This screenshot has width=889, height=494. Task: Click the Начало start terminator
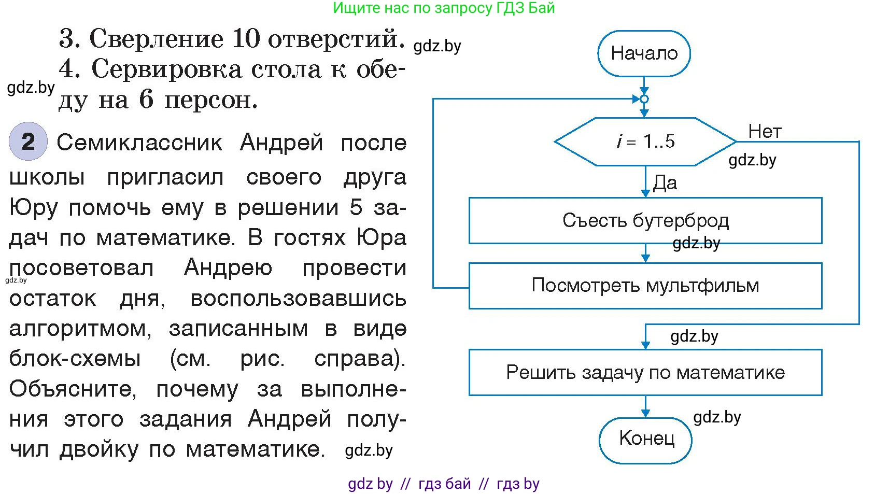click(644, 53)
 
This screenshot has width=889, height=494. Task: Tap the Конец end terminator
click(646, 440)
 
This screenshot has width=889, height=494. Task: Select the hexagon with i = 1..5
click(645, 142)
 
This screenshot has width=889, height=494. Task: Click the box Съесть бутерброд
click(645, 221)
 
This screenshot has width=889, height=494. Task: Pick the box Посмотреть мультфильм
click(645, 286)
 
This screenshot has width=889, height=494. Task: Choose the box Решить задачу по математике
click(645, 372)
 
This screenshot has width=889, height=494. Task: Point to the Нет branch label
click(765, 132)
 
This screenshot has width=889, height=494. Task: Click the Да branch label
click(665, 183)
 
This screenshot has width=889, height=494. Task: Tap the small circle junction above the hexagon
click(644, 99)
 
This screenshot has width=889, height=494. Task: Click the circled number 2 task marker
click(28, 142)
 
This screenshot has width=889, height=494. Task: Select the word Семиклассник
click(139, 143)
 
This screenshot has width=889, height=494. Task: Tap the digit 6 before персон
click(146, 99)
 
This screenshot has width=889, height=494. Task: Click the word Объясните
click(73, 389)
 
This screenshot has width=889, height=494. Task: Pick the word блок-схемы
click(75, 359)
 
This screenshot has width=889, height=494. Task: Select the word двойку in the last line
click(99, 449)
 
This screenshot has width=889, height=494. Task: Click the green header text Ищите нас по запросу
click(404, 8)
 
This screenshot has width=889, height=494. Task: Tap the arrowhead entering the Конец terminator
click(645, 413)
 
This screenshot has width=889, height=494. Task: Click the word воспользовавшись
click(299, 299)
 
